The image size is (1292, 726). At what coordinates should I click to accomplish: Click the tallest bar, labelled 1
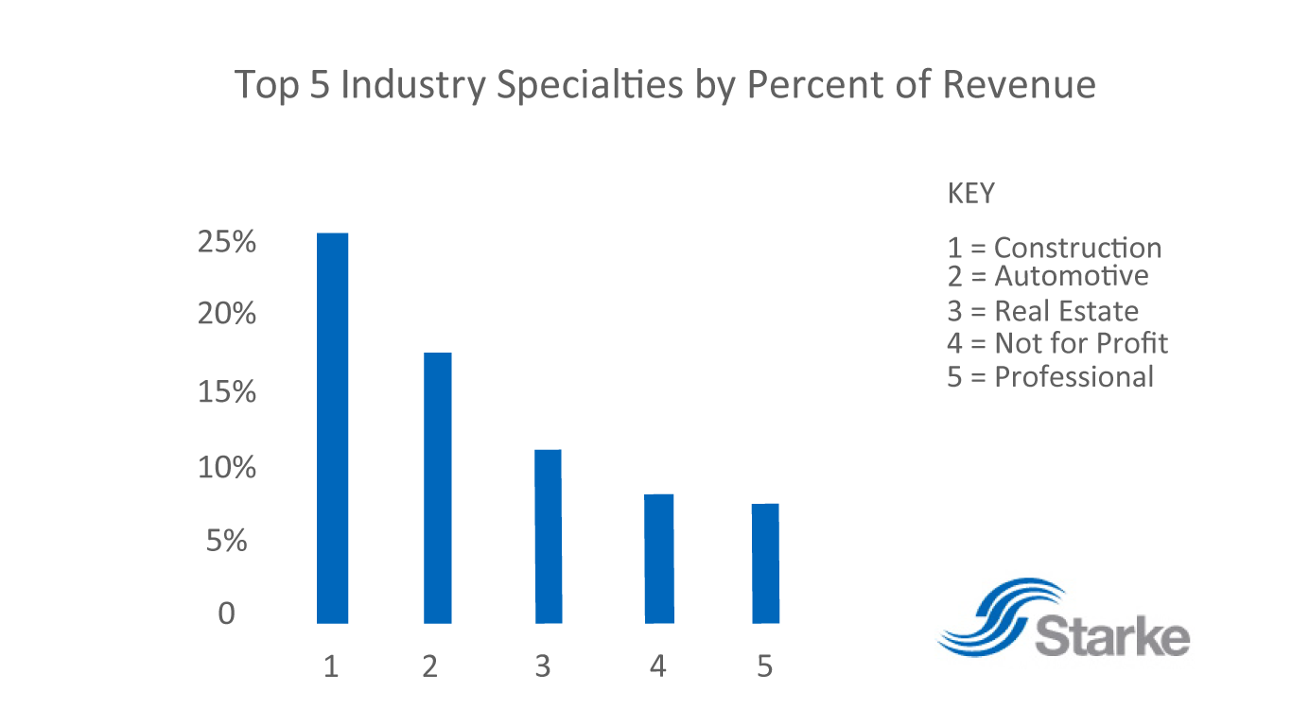point(331,427)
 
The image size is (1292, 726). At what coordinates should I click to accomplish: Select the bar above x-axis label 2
point(437,487)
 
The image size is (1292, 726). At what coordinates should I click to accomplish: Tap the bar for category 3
point(548,536)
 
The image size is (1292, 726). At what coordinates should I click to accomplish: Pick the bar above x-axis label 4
point(659,558)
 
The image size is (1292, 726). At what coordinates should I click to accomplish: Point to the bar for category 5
point(765,562)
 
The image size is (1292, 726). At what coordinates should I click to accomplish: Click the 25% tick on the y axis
point(227,243)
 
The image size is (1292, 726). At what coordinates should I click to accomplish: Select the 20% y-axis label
point(227,314)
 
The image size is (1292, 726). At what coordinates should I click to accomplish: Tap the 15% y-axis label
point(227,391)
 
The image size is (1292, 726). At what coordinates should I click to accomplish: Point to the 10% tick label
point(227,467)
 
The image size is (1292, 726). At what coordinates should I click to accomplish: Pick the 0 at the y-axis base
point(226,614)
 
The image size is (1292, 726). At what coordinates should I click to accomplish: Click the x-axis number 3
point(542,666)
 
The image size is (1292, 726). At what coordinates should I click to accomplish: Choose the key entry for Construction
point(1054,248)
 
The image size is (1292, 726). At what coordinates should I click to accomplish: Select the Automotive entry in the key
point(1047,275)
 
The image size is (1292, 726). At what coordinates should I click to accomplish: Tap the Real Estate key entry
point(1042,311)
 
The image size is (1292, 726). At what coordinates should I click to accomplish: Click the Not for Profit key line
point(1056,342)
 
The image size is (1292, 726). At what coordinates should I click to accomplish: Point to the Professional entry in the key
point(1050,376)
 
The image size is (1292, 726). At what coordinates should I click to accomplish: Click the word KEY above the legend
point(970,194)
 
